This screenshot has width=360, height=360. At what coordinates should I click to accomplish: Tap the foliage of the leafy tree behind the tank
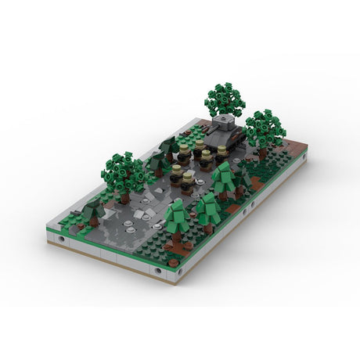click(x=223, y=99)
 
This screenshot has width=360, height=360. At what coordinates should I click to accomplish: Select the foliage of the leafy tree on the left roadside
click(x=123, y=170)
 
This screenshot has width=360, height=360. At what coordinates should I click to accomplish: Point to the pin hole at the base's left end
click(x=61, y=237)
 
